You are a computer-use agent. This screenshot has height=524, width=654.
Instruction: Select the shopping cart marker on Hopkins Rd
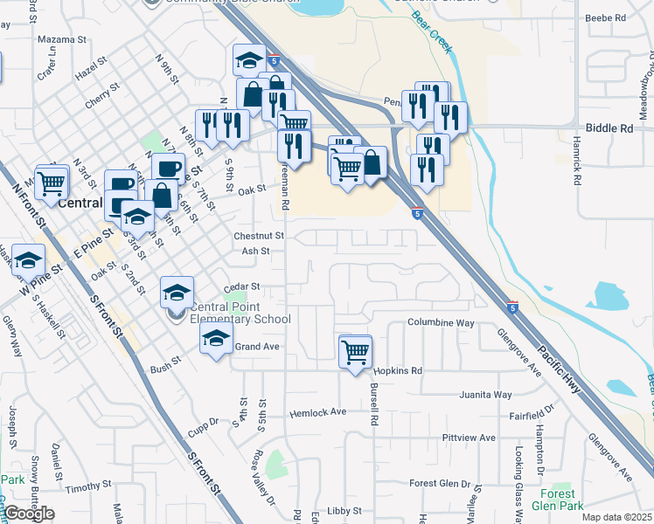356,352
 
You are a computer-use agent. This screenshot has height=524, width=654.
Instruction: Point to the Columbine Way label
441,323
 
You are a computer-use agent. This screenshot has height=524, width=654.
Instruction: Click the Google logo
29,514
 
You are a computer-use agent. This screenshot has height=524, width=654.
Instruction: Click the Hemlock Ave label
318,412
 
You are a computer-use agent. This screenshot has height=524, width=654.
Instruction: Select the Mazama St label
62,40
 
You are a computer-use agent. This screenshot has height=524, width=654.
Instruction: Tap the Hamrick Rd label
577,160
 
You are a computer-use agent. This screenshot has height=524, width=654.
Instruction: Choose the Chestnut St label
259,236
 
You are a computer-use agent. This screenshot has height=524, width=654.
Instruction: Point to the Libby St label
344,510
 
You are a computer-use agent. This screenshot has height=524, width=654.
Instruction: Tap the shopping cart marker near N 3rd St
52,183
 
